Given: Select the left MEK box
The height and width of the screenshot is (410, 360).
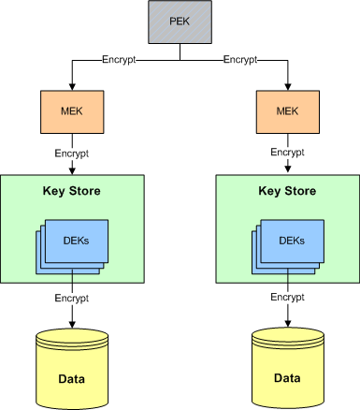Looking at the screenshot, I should [71, 110].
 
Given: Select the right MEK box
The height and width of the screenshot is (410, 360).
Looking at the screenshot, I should [288, 110].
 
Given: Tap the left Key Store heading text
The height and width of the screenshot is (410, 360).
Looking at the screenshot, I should [71, 192].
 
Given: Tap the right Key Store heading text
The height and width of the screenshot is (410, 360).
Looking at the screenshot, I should [287, 192].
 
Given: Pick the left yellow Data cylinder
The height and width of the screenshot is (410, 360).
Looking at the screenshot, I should [71, 365].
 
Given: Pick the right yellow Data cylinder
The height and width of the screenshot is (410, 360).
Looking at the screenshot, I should [287, 365].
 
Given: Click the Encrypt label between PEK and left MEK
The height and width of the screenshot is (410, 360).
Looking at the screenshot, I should [120, 60].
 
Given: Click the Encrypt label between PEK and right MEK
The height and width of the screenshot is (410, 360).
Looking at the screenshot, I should [241, 60].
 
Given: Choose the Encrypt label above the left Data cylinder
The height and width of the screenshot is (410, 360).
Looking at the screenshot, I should [71, 299].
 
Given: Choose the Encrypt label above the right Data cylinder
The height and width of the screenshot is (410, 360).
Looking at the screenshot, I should [287, 299].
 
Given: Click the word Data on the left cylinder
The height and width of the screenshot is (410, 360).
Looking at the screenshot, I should [71, 378].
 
